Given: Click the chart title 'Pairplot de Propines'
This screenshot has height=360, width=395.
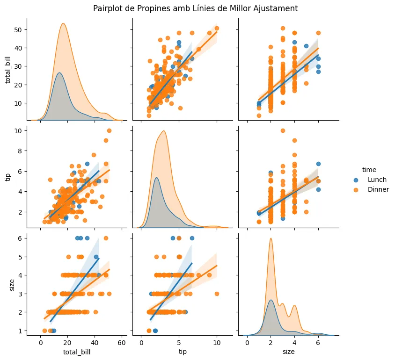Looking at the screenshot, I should pos(195,8).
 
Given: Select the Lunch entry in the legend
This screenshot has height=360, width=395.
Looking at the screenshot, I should pos(377,180).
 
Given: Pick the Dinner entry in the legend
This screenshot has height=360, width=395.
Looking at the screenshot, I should pos(378,189).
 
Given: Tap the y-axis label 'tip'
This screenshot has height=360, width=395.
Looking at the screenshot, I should pos(8,177).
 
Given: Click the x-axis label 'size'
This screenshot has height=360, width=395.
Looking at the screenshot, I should pos(289,351).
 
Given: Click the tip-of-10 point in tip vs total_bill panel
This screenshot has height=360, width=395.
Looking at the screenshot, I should pos(109,130).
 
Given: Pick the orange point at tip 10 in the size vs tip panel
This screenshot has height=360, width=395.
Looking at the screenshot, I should pos(217,294).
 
